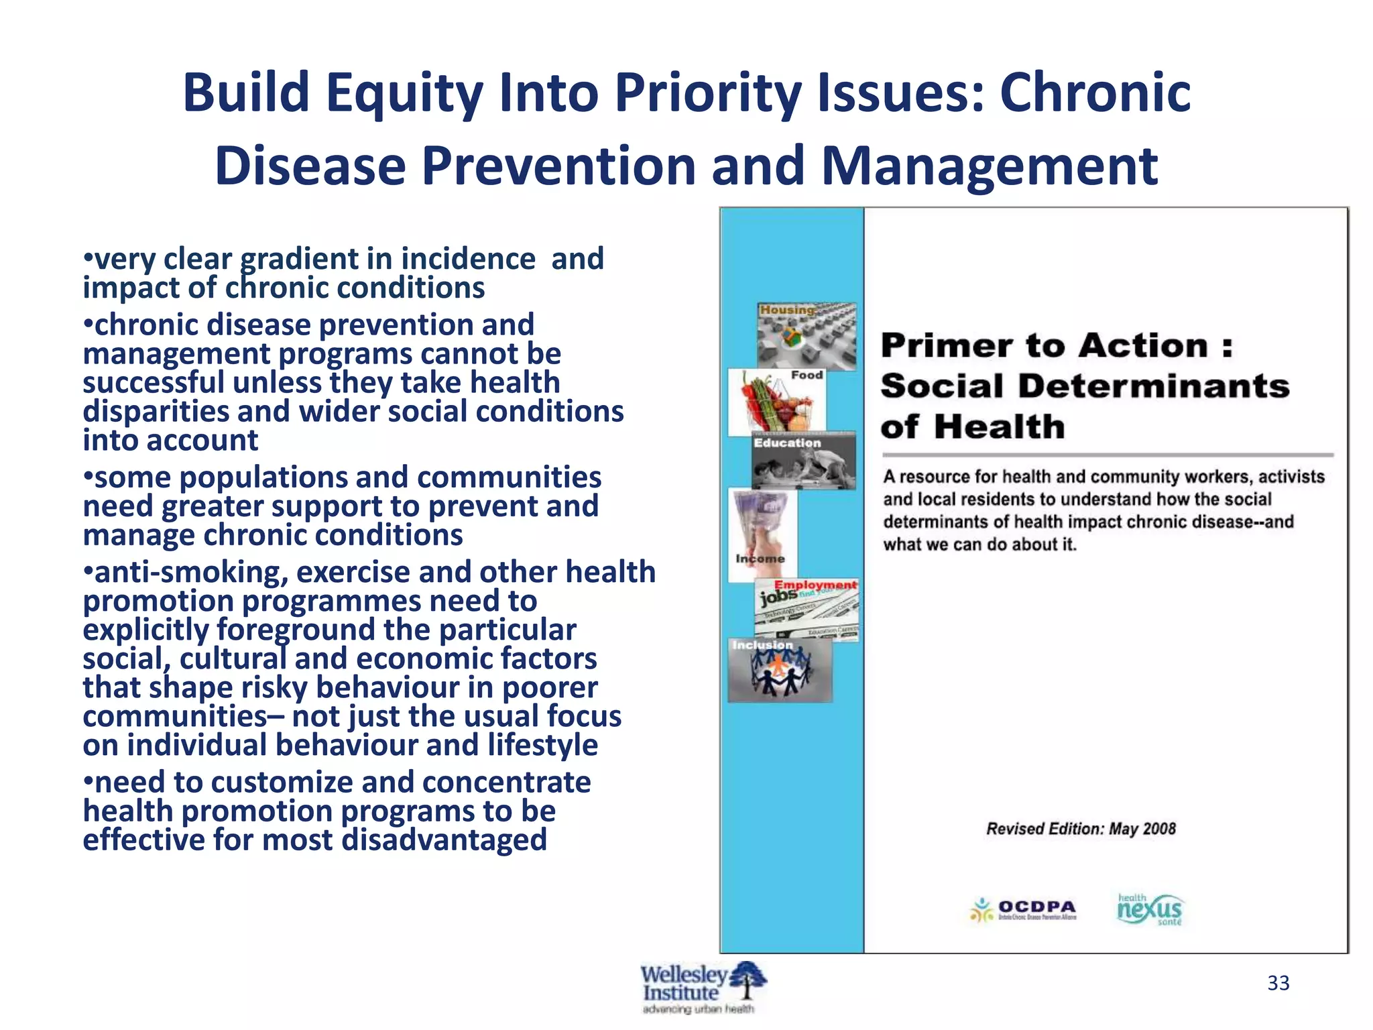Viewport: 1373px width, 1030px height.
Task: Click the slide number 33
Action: coord(1278,983)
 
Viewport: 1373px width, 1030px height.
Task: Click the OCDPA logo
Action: coord(1024,910)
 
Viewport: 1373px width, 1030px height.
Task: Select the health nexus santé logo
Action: coord(1150,910)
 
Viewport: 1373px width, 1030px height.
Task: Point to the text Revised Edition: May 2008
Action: coord(1081,829)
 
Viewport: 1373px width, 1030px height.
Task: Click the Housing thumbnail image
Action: coord(807,337)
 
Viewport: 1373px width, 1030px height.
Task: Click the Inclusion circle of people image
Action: coord(780,671)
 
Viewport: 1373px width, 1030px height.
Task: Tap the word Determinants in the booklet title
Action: coord(1153,387)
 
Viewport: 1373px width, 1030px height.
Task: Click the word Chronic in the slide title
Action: coord(1095,93)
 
